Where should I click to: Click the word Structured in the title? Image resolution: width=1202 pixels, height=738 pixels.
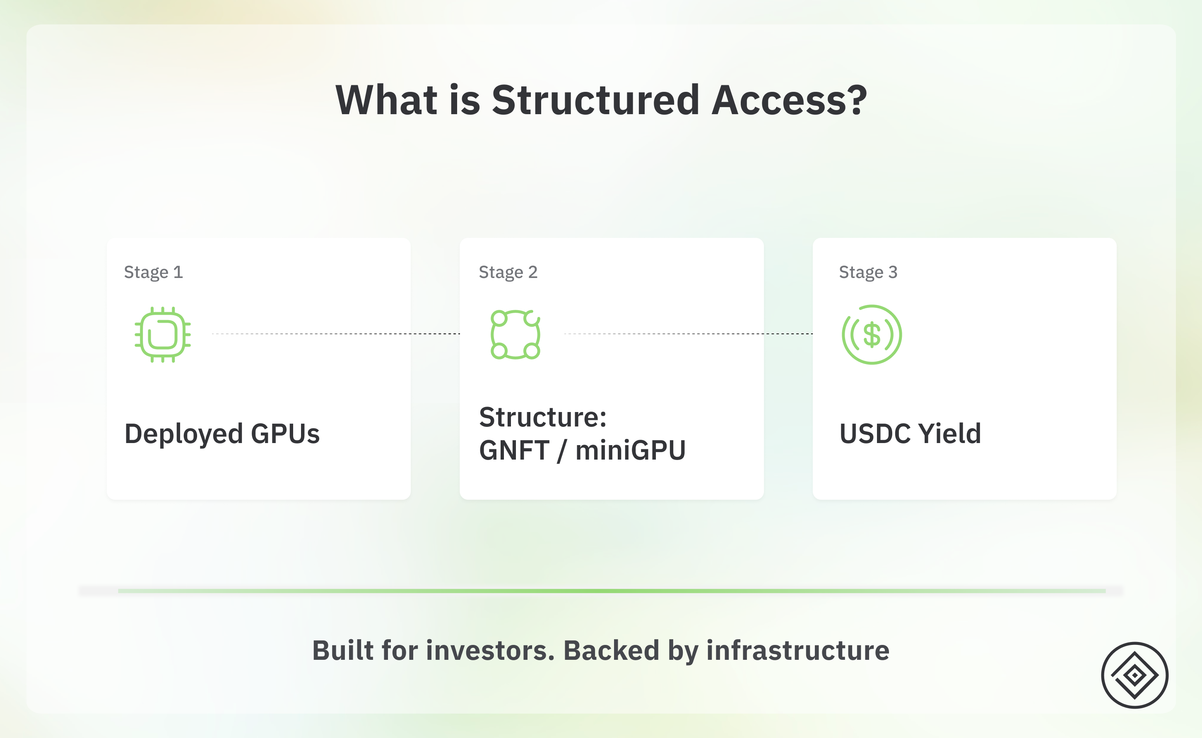click(596, 100)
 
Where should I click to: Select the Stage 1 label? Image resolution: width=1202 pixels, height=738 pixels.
click(153, 272)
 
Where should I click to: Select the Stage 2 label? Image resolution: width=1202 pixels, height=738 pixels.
click(508, 272)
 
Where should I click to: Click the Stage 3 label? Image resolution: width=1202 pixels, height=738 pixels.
click(868, 272)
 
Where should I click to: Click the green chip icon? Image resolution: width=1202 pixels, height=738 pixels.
click(163, 335)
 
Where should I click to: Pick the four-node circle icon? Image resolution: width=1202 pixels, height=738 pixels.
click(515, 335)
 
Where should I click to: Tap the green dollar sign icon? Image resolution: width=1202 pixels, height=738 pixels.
click(872, 335)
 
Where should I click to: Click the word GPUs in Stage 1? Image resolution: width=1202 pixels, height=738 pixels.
click(285, 434)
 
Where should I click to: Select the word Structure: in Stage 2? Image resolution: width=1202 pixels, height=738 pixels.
click(543, 417)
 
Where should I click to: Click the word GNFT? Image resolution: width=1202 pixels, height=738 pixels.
click(514, 450)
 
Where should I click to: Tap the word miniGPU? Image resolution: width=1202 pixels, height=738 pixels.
click(631, 450)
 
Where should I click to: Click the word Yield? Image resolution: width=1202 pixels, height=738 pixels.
click(949, 434)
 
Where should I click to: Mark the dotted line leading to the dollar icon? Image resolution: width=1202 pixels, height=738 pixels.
click(688, 334)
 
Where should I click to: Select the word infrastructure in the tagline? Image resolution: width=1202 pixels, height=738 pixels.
click(798, 651)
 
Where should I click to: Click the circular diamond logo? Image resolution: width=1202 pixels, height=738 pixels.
click(1135, 676)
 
